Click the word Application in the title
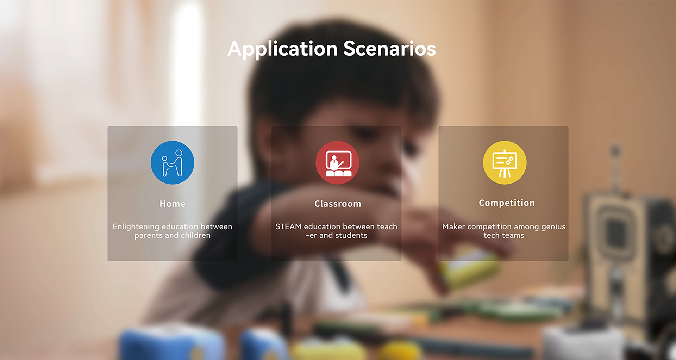click(282, 49)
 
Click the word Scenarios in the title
click(389, 49)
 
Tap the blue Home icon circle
click(173, 163)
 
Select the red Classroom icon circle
click(337, 163)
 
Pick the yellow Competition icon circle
click(505, 163)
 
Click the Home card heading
click(173, 204)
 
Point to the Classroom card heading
click(338, 204)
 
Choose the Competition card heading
click(507, 203)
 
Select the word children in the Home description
click(196, 235)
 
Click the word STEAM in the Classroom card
click(288, 226)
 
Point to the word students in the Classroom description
click(351, 235)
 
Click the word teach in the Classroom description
click(387, 226)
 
